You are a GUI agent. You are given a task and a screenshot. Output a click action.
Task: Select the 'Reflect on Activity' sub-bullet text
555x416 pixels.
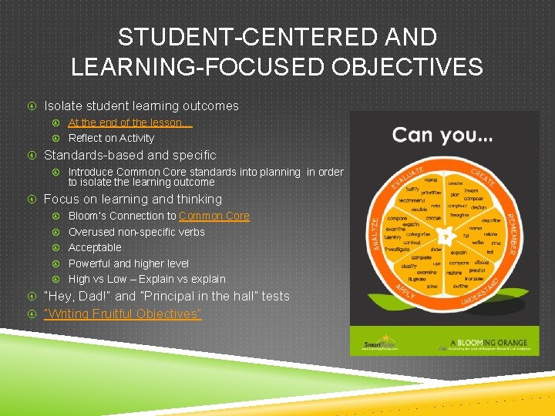[x=111, y=138]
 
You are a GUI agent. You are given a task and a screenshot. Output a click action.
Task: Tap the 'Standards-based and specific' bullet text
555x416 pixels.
[x=130, y=155]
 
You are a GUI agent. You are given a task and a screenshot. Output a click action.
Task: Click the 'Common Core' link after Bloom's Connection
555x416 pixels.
[x=214, y=216]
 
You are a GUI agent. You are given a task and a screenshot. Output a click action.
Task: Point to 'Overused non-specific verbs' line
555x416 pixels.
[x=136, y=232]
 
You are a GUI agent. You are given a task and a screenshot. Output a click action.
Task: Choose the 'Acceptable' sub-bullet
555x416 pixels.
[x=95, y=247]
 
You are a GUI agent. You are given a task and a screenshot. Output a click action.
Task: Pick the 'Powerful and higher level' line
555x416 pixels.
[x=129, y=263]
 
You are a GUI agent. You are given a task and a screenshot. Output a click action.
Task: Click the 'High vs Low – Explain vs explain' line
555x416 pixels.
[x=146, y=279]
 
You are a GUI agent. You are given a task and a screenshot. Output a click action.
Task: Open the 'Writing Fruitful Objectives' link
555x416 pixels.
[x=123, y=314]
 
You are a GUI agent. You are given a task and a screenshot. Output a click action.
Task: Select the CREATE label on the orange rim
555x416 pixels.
[x=484, y=179]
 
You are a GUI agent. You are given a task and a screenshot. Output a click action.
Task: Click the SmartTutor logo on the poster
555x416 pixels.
[x=382, y=342]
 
